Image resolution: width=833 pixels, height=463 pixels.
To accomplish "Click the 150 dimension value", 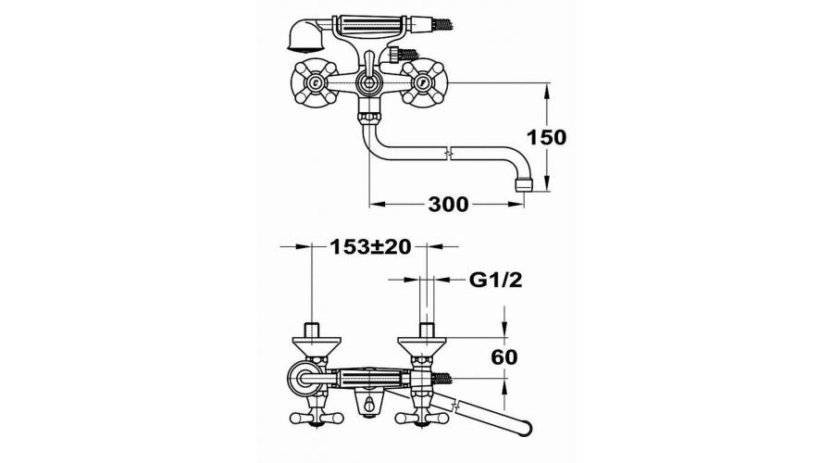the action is [546, 137].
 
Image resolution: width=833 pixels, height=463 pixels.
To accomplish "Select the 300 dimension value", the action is [448, 204].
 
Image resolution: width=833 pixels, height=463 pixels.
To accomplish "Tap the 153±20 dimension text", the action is [370, 246].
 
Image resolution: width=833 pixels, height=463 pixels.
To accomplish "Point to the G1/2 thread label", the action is [495, 279].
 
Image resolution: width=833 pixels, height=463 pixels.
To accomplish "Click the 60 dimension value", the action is [504, 357].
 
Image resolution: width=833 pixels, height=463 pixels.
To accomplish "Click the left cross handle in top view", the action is [316, 83].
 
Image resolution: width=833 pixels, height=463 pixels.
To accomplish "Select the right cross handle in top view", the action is [422, 82].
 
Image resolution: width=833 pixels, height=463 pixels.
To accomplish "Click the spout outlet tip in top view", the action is [525, 184].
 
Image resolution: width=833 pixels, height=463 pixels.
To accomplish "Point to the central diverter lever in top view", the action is [367, 76].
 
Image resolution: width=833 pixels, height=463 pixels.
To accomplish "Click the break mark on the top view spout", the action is [450, 153].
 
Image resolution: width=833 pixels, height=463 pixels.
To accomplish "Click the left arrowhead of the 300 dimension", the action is [376, 204].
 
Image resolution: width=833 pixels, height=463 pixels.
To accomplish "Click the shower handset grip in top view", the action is [369, 24].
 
